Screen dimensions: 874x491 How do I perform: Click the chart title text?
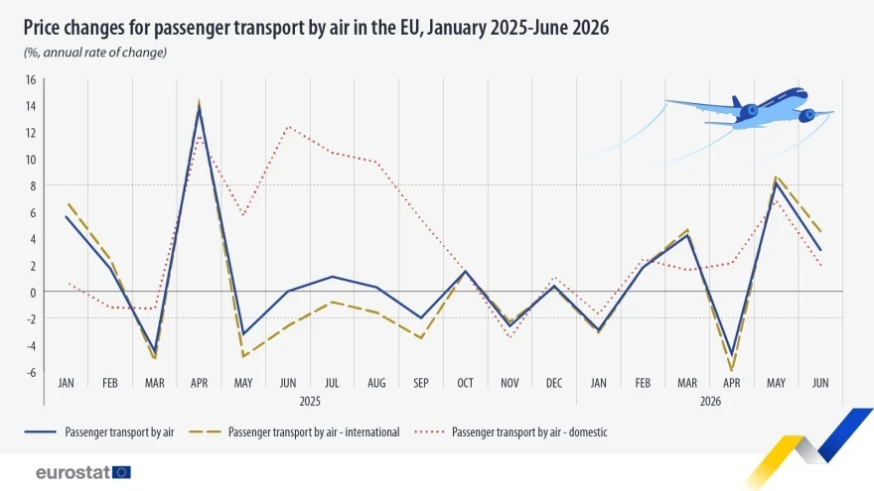pyautogui.click(x=316, y=28)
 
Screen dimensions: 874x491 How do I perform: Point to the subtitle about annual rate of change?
pyautogui.click(x=94, y=53)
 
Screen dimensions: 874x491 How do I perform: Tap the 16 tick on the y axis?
pyautogui.click(x=31, y=79)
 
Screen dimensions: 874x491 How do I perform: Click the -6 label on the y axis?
pyautogui.click(x=30, y=372)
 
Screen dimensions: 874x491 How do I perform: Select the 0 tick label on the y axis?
pyautogui.click(x=34, y=293)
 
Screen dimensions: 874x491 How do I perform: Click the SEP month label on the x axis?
pyautogui.click(x=421, y=383)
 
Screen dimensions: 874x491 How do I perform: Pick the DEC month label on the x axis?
pyautogui.click(x=554, y=383)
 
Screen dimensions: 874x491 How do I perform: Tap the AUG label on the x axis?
pyautogui.click(x=376, y=383)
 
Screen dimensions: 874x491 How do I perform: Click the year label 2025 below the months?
pyautogui.click(x=310, y=402)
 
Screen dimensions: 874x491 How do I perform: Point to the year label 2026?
pyautogui.click(x=710, y=402)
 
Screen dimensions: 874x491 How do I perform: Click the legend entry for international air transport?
pyautogui.click(x=294, y=432)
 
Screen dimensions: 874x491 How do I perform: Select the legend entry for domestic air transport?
pyautogui.click(x=510, y=432)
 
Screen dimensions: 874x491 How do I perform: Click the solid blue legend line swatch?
pyautogui.click(x=40, y=432)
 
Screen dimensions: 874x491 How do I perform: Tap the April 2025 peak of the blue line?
pyautogui.click(x=199, y=108)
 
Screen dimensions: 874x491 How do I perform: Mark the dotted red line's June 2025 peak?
pyautogui.click(x=288, y=127)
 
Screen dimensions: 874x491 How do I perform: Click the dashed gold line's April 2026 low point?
pyautogui.click(x=732, y=370)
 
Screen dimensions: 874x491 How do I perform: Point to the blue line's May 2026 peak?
pyautogui.click(x=776, y=183)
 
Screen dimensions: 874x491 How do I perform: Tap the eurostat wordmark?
pyautogui.click(x=73, y=472)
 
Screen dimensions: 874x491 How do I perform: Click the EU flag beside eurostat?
pyautogui.click(x=121, y=472)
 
